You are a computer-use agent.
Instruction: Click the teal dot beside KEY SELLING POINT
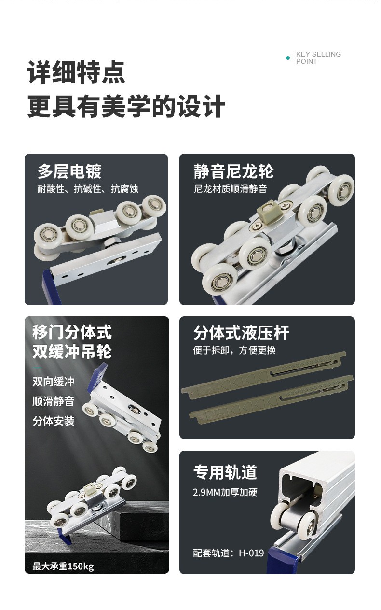(x=288, y=58)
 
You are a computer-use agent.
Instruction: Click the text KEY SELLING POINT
(x=318, y=58)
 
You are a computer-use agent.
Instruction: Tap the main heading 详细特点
(x=76, y=72)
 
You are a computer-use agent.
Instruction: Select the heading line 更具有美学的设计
(x=126, y=106)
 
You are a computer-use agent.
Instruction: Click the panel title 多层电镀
(x=69, y=171)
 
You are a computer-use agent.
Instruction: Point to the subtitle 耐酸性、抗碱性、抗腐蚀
(x=88, y=189)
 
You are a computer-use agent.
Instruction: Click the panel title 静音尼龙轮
(x=233, y=171)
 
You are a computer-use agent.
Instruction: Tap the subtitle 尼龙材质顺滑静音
(x=230, y=189)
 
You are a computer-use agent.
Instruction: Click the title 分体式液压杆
(x=241, y=332)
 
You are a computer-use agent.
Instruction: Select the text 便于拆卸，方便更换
(x=234, y=350)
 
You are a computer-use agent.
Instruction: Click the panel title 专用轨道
(x=225, y=472)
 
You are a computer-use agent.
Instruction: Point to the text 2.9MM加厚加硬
(x=225, y=492)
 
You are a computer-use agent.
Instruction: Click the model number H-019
(x=251, y=553)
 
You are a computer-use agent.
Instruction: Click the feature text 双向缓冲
(x=54, y=382)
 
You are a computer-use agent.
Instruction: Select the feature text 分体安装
(x=54, y=421)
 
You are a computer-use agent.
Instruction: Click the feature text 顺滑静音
(x=54, y=401)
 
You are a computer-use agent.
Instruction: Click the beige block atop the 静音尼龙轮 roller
(x=269, y=211)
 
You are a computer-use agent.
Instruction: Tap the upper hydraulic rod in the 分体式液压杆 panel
(x=263, y=375)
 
